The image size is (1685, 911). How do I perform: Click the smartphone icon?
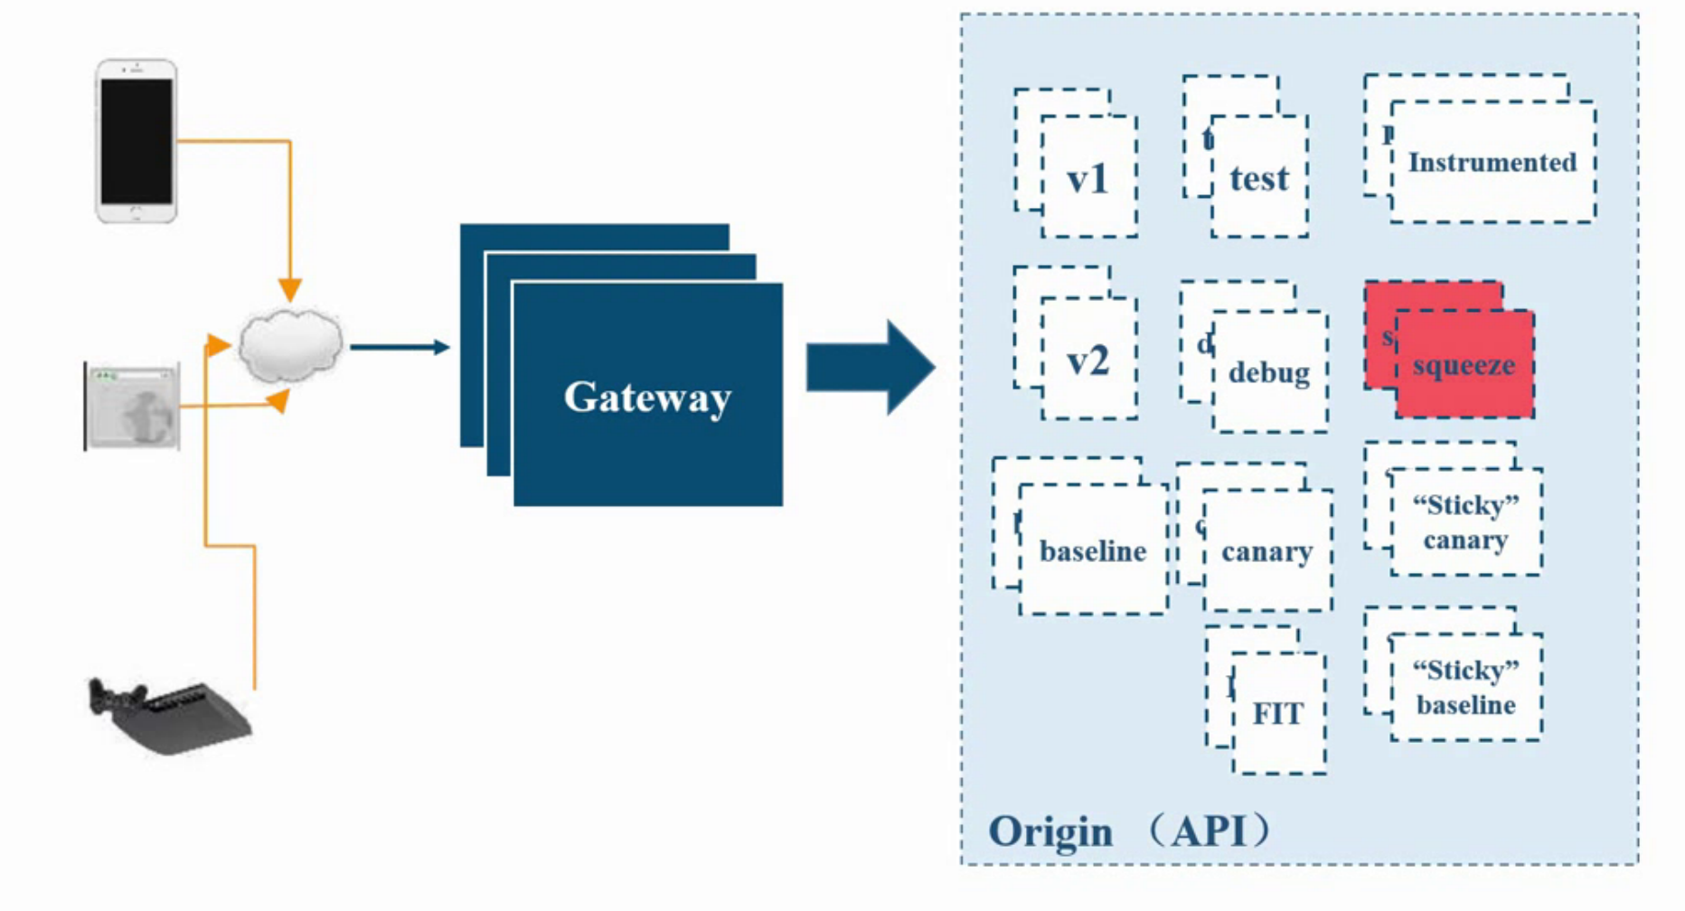(x=136, y=141)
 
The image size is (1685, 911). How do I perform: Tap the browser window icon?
(x=133, y=407)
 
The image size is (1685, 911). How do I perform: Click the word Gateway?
(x=647, y=398)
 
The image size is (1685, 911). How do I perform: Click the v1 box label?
(x=1087, y=179)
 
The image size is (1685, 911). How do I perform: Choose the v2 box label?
(x=1087, y=362)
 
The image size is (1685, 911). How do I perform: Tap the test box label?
(x=1258, y=178)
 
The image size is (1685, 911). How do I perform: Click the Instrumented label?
(x=1492, y=163)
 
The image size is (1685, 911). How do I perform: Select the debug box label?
(x=1268, y=372)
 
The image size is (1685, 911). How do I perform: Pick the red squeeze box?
(x=1464, y=365)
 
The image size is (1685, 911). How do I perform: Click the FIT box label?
(x=1277, y=714)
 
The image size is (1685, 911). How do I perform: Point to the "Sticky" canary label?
(x=1465, y=522)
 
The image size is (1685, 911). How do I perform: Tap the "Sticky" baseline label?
(x=1465, y=688)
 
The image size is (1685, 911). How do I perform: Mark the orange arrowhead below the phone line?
(x=289, y=289)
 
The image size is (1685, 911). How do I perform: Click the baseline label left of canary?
(x=1092, y=551)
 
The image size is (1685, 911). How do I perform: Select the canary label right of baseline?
(x=1266, y=552)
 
